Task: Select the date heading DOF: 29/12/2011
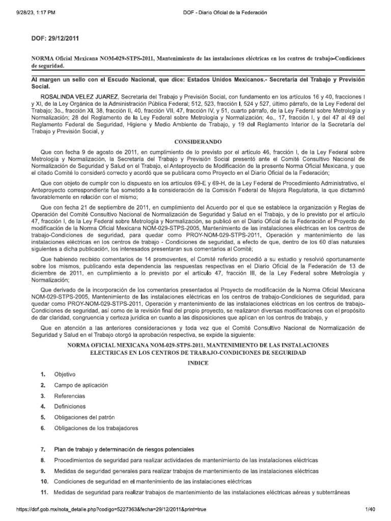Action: (x=55, y=38)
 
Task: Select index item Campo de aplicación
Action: (x=81, y=385)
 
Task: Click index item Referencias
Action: (x=70, y=396)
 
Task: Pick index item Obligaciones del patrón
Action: (x=85, y=417)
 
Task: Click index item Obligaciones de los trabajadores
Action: (x=96, y=428)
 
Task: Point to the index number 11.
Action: (x=43, y=492)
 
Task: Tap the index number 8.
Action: (x=43, y=460)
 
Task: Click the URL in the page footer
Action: (x=104, y=509)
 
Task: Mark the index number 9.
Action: (x=43, y=471)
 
